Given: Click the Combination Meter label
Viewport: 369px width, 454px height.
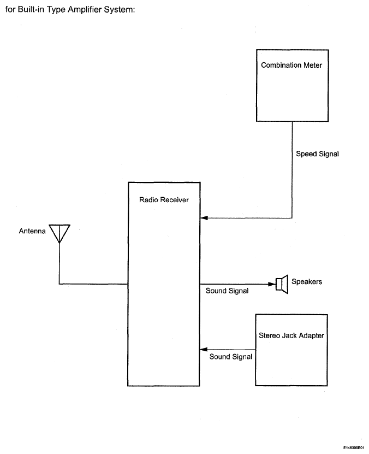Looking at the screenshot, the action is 291,65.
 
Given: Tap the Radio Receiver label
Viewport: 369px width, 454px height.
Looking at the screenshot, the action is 164,200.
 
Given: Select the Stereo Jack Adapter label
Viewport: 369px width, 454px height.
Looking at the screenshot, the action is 291,335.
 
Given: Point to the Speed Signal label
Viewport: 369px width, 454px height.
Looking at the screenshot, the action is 317,154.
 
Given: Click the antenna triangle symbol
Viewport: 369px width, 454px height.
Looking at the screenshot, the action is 59,233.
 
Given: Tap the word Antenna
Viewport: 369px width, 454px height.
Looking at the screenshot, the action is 32,231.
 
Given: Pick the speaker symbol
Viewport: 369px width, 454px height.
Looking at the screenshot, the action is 282,284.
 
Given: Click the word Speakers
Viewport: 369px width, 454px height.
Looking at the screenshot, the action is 307,281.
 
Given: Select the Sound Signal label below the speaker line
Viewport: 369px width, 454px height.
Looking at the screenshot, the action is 227,291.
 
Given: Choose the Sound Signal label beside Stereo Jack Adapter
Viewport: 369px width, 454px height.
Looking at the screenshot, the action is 231,357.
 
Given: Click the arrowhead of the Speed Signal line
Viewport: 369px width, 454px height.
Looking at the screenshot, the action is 204,218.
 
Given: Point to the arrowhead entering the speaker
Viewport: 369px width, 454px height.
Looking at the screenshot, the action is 272,284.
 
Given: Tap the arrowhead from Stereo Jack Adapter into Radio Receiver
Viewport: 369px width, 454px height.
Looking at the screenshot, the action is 203,350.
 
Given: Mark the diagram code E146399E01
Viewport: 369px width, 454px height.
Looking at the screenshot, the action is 354,447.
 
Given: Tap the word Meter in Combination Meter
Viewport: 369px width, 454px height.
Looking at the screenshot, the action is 313,65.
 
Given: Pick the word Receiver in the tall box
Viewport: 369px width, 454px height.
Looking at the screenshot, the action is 175,200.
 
